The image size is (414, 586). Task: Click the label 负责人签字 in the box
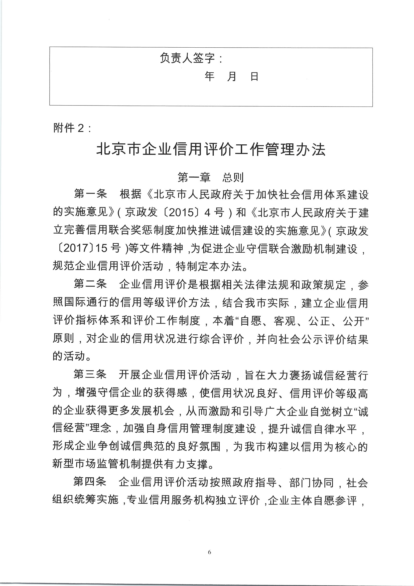[188, 58]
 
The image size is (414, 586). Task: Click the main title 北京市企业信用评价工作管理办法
[211, 150]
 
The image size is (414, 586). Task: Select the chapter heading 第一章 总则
[211, 177]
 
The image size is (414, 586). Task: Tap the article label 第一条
[90, 194]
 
